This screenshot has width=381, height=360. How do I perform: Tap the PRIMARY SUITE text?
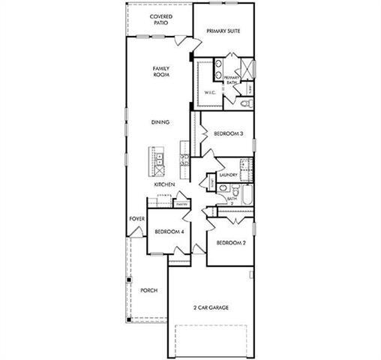[x=224, y=32]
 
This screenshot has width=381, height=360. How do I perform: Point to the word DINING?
[x=160, y=122]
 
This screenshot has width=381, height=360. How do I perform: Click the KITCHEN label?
[x=164, y=184]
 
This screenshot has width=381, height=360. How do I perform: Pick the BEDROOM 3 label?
[x=227, y=133]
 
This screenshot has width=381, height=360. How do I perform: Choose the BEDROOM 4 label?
[x=169, y=232]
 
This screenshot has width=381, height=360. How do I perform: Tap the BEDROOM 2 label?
[x=231, y=243]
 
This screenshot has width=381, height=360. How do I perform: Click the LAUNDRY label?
[x=229, y=175]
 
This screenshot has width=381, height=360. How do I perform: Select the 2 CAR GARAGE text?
[x=209, y=307]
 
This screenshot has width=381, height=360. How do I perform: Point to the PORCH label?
[x=148, y=290]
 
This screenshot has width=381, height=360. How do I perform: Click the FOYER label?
[x=136, y=219]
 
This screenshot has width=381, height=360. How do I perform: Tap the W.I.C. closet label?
[x=210, y=91]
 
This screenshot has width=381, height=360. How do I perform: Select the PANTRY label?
[x=181, y=203]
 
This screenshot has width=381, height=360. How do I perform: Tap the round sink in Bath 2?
[x=223, y=193]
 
